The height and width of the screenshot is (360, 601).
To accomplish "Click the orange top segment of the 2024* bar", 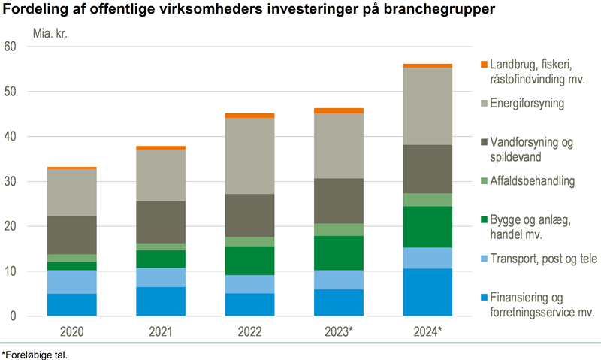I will [427, 65].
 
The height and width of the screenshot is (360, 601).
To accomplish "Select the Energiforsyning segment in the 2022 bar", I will [249, 156].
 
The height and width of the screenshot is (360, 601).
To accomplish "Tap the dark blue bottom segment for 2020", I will [71, 304].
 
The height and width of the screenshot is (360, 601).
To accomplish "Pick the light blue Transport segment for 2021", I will [161, 277].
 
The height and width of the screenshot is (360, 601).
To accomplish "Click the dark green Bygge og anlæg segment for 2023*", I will [339, 253].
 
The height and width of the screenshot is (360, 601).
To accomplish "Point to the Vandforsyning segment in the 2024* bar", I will [427, 168].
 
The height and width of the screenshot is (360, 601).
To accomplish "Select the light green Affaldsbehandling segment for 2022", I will [249, 241].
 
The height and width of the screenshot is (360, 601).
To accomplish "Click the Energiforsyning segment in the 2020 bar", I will [71, 192].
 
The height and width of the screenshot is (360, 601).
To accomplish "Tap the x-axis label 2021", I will [161, 331].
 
